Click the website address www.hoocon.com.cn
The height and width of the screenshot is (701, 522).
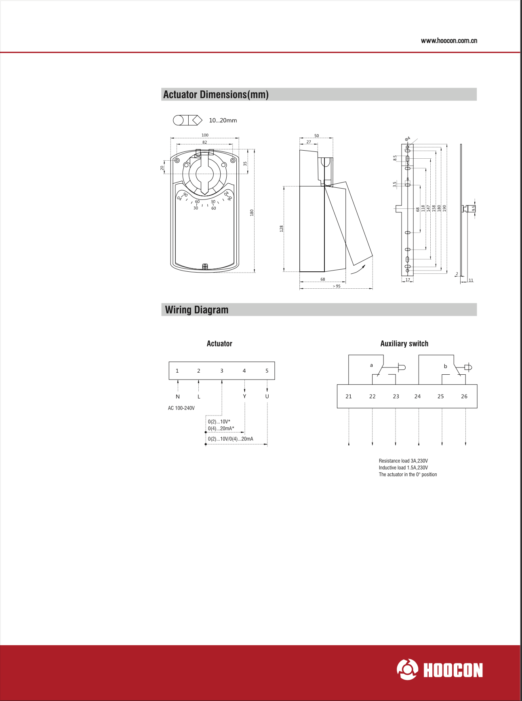coord(449,41)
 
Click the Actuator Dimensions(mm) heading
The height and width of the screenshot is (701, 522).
coord(216,94)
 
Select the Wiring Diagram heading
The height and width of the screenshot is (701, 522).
coord(197,310)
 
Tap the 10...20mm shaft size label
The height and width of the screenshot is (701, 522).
coord(223,120)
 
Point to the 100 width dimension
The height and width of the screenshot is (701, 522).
coord(205,135)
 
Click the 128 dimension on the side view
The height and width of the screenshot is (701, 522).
coord(282,229)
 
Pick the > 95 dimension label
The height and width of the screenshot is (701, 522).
coord(337,286)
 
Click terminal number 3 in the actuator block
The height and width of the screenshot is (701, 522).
coord(222,371)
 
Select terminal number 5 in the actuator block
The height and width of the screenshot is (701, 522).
coord(267,371)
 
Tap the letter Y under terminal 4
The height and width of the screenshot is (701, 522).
coord(244,397)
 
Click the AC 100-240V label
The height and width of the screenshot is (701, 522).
coord(181,408)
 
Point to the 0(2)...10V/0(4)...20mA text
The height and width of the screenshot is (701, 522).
coord(230,439)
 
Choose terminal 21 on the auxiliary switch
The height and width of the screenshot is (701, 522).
coord(349,397)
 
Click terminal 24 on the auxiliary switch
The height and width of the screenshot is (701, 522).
coord(417,397)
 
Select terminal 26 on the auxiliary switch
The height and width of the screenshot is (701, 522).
coord(464,397)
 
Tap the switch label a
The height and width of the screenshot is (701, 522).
coord(372,365)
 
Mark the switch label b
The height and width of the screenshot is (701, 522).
coord(446,366)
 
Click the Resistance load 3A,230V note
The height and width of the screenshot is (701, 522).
coord(403,461)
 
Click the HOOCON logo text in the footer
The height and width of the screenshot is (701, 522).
coord(453,670)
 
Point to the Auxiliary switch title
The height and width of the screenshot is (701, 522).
coord(404,344)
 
